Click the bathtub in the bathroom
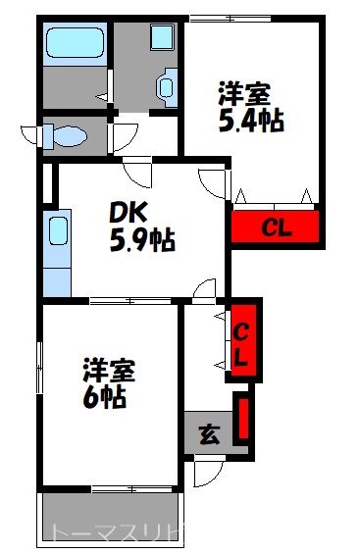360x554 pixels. point(75,43)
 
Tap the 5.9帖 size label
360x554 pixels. point(142,239)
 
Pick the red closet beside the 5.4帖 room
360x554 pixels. point(276,227)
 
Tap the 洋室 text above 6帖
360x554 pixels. point(108,372)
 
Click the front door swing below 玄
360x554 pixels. point(204,472)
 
